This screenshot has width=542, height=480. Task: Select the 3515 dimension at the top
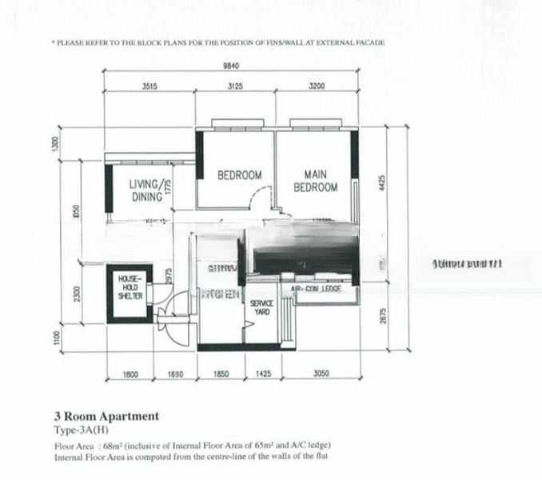pos(149,86)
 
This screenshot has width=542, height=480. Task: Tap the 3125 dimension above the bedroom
pos(235,86)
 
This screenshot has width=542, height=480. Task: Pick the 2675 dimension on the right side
pos(382,316)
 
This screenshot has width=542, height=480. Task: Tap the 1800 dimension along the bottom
pos(132,374)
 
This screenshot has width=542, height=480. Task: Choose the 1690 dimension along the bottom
pos(176,374)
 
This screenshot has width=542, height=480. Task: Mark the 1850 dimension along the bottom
pos(221,374)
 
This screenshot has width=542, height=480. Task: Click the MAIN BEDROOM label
pos(315,181)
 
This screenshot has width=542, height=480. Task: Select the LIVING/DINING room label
pos(148,190)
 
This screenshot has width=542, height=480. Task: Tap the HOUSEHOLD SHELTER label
pos(130,287)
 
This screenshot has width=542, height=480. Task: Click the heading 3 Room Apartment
pos(106,416)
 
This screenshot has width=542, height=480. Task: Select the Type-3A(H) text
pos(84,430)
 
